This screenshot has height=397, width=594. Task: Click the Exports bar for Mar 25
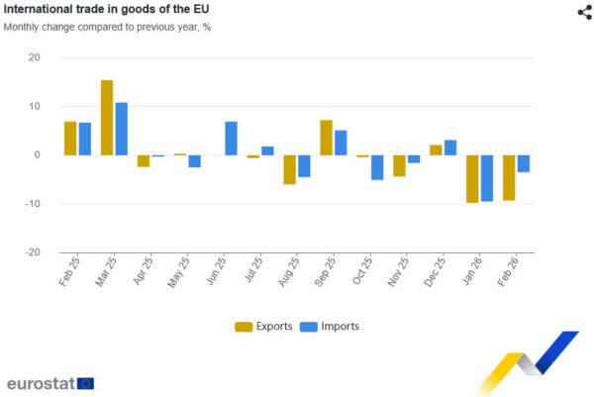(107, 118)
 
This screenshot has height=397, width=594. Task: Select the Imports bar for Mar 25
(122, 129)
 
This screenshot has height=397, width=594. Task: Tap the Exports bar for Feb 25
(70, 139)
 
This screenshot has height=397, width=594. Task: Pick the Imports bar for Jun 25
(231, 139)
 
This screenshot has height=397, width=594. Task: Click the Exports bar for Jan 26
(472, 179)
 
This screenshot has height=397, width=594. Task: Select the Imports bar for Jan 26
(487, 178)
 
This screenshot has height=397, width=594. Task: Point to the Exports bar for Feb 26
(509, 178)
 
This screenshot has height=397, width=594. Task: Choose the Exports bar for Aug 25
(289, 169)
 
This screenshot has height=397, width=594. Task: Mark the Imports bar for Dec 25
(450, 148)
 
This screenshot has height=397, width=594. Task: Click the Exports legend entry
(263, 326)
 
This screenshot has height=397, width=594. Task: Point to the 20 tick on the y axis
(34, 57)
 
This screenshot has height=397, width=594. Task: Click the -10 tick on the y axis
(32, 204)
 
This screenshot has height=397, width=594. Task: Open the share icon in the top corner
(584, 12)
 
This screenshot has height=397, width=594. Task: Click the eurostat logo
(49, 383)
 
